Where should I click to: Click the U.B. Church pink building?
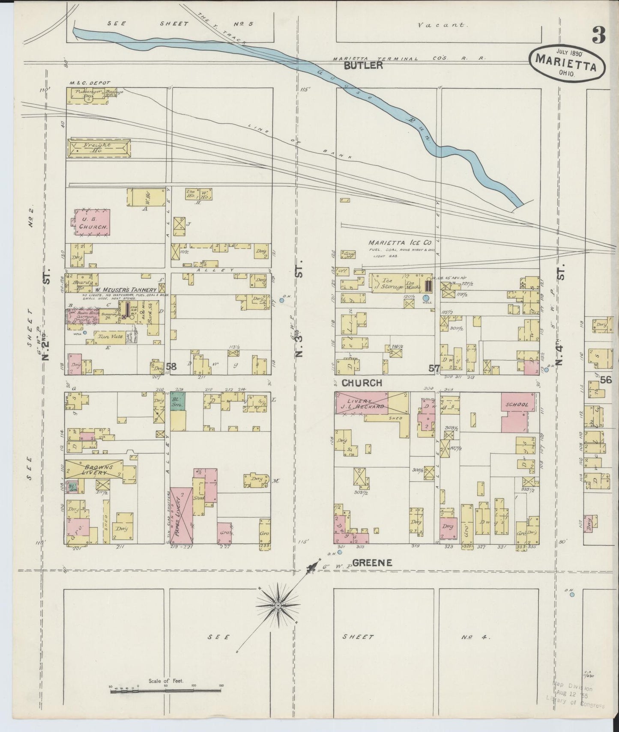click(92, 222)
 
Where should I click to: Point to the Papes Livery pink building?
click(181, 514)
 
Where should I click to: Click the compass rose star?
click(278, 605)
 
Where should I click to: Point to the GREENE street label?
click(372, 563)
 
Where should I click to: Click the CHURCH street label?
click(362, 383)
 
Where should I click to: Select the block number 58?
click(171, 366)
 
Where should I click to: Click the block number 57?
click(434, 367)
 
